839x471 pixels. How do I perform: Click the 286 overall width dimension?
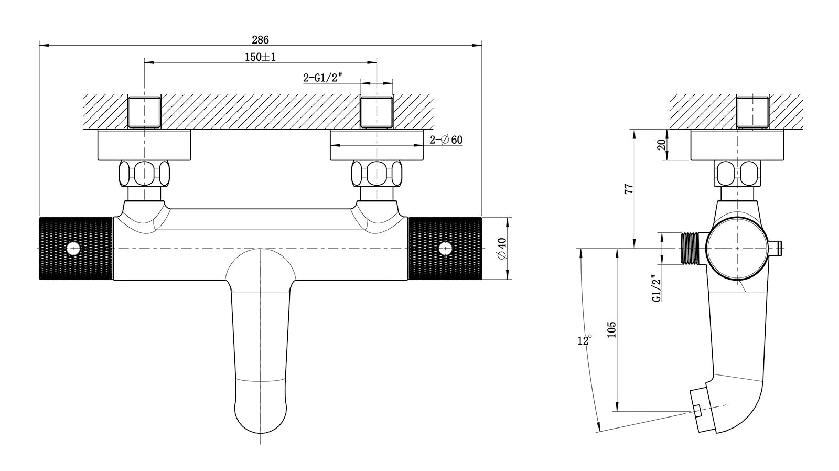pos(260,40)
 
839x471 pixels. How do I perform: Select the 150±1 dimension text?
pos(260,57)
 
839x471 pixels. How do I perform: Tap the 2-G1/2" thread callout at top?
pos(323,78)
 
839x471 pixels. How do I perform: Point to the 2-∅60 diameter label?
pos(446,140)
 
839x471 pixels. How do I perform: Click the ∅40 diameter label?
pos(502,249)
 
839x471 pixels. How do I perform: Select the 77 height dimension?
pos(630,188)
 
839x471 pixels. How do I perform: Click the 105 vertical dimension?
pos(611,330)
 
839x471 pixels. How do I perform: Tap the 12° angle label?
pos(584,340)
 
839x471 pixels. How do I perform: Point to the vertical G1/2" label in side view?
pos(656,288)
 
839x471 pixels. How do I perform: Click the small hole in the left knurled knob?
pos(73,249)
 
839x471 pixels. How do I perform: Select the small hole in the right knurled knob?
pos(445,249)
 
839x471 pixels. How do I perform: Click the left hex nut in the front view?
pos(144,174)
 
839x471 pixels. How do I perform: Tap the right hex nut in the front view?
pos(377,174)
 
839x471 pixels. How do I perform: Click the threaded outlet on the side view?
pos(689,249)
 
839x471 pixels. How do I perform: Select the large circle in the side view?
pos(737,249)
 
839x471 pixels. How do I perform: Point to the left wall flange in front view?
pos(144,145)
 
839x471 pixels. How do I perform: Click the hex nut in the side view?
pos(737,174)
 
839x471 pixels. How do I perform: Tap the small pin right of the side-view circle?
pos(776,249)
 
